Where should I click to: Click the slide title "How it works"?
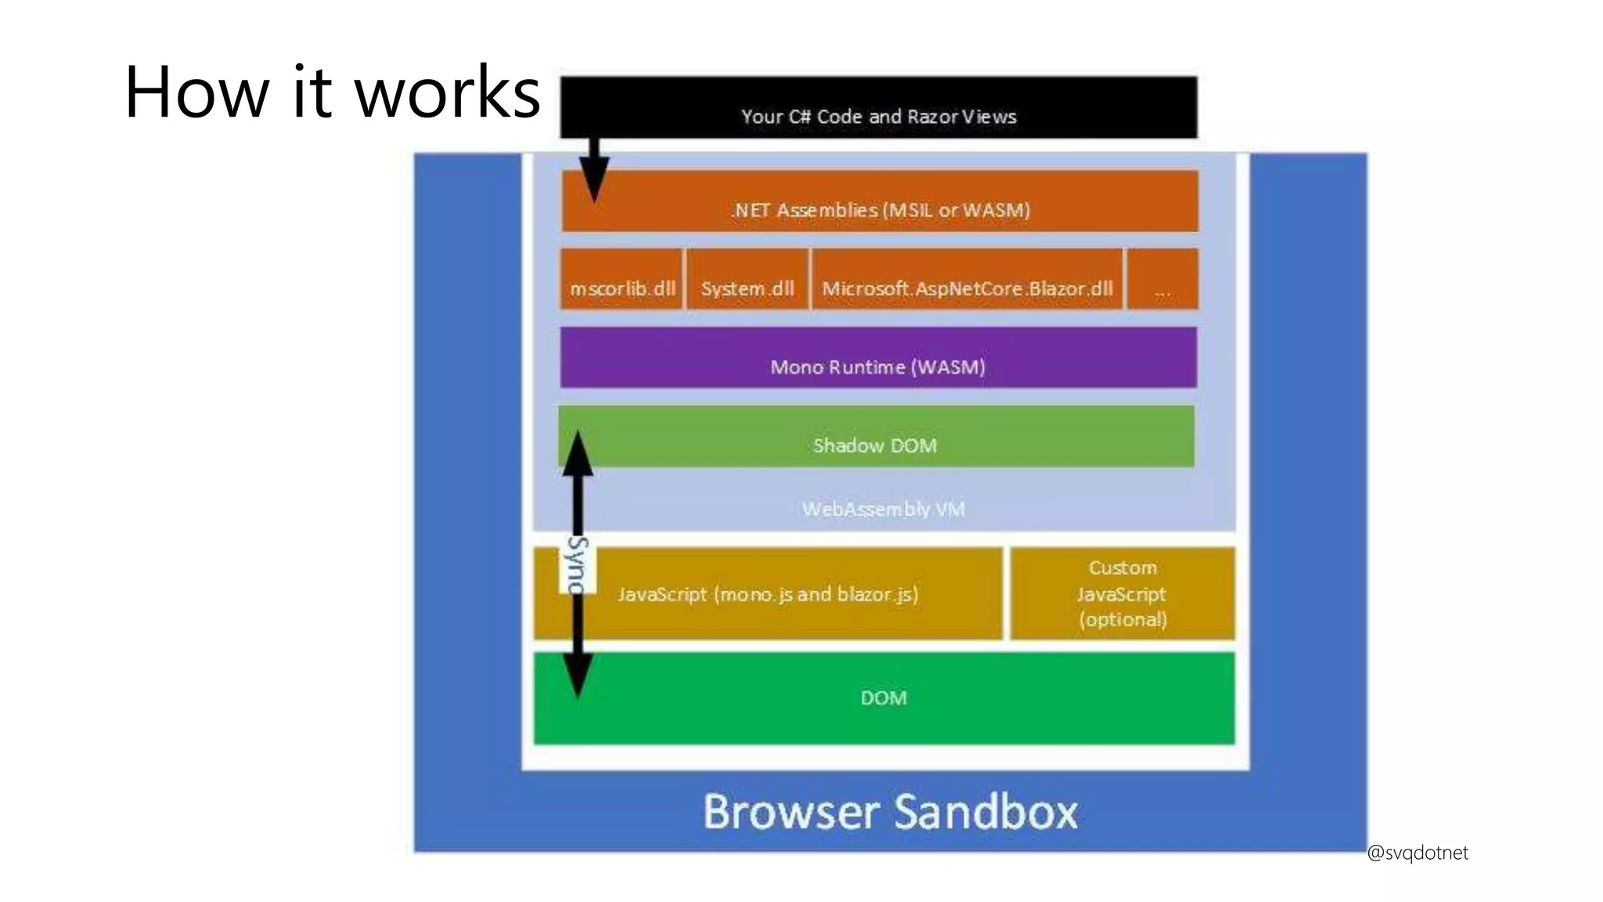pyautogui.click(x=332, y=92)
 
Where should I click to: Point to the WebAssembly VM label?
pyautogui.click(x=883, y=509)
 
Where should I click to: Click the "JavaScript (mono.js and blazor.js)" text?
pyautogui.click(x=768, y=594)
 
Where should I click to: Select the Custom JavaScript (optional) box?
pyautogui.click(x=1122, y=594)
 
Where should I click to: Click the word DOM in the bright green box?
pyautogui.click(x=884, y=698)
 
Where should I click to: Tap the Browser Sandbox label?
pyautogui.click(x=890, y=811)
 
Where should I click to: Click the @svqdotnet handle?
pyautogui.click(x=1417, y=853)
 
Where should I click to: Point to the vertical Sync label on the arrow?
pyautogui.click(x=578, y=564)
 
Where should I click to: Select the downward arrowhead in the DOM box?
pyautogui.click(x=578, y=676)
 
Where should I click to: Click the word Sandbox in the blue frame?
pyautogui.click(x=985, y=811)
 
